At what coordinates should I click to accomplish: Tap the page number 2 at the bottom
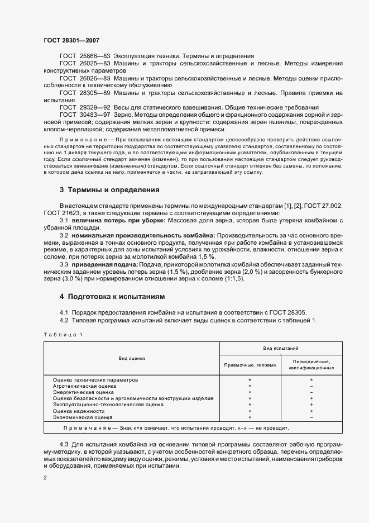pyautogui.click(x=46, y=478)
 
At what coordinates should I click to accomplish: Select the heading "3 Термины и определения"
pyautogui.click(x=109, y=190)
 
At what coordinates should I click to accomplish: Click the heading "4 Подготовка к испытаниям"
pyautogui.click(x=112, y=296)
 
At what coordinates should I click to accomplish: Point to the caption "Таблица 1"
pyautogui.click(x=63, y=334)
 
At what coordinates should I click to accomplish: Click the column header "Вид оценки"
pyautogui.click(x=131, y=356)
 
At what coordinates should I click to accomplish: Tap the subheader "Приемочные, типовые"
pyautogui.click(x=250, y=365)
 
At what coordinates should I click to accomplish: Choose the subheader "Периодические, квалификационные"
pyautogui.click(x=311, y=365)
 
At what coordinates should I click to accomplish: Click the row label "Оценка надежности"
pyautogui.click(x=79, y=410)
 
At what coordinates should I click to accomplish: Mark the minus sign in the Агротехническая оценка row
pyautogui.click(x=311, y=386)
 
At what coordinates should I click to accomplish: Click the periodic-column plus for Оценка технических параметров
pyautogui.click(x=311, y=379)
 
